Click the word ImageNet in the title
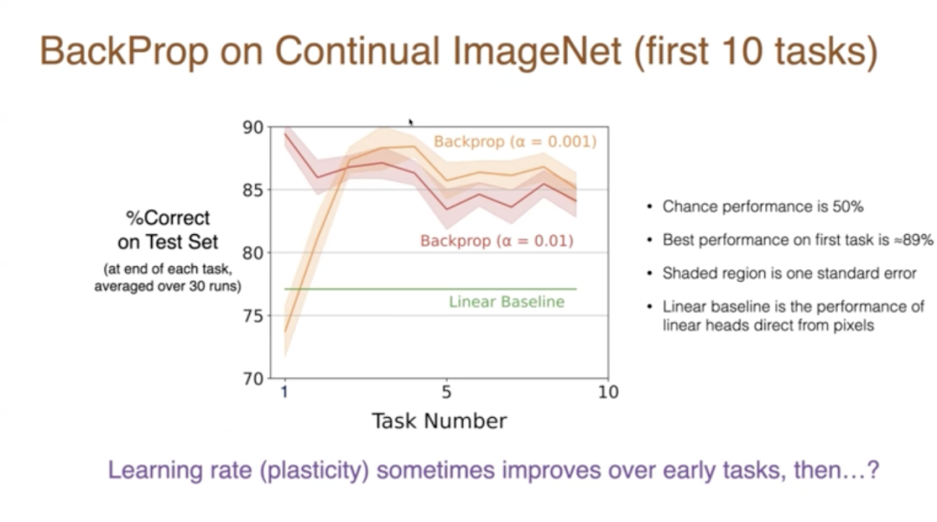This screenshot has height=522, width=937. tap(537, 51)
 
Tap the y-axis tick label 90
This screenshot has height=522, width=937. tap(252, 127)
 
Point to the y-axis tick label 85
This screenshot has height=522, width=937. tap(252, 190)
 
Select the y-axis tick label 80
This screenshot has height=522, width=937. tap(252, 252)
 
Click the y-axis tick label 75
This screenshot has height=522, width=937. tap(252, 316)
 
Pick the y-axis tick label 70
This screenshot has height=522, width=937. tap(252, 379)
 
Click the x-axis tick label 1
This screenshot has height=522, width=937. tap(285, 392)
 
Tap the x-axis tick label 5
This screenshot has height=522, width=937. tap(447, 392)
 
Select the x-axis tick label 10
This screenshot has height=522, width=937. tap(608, 392)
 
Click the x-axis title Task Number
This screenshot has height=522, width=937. tap(439, 421)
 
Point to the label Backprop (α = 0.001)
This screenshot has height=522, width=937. tap(515, 141)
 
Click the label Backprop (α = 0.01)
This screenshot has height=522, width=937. tap(496, 241)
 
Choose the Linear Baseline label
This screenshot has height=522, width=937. tap(507, 302)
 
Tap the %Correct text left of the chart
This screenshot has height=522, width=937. tap(168, 218)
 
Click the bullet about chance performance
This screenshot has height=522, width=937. tap(763, 206)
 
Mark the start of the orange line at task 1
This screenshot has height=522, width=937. tap(285, 331)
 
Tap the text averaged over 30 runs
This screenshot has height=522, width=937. tap(168, 286)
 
